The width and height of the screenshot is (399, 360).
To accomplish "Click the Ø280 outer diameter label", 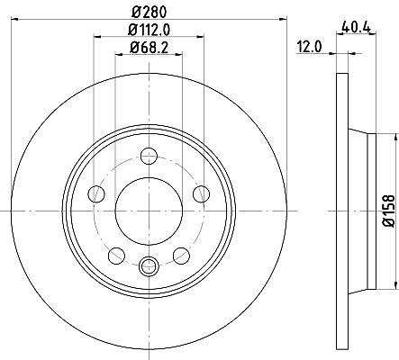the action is [x=150, y=13].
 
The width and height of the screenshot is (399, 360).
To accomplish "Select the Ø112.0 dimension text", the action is [x=150, y=30].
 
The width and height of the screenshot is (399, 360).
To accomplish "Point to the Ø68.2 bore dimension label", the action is [x=150, y=48].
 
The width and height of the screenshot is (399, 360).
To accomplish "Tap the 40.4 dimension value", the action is [x=357, y=28].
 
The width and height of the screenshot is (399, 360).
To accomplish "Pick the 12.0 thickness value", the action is [x=309, y=47].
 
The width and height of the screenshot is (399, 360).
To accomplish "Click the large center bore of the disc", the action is [x=149, y=211].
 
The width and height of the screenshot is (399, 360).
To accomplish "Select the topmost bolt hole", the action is [x=150, y=156].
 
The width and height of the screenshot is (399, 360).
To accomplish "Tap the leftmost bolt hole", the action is [x=96, y=193].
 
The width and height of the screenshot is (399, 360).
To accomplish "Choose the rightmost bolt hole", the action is [x=201, y=193].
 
